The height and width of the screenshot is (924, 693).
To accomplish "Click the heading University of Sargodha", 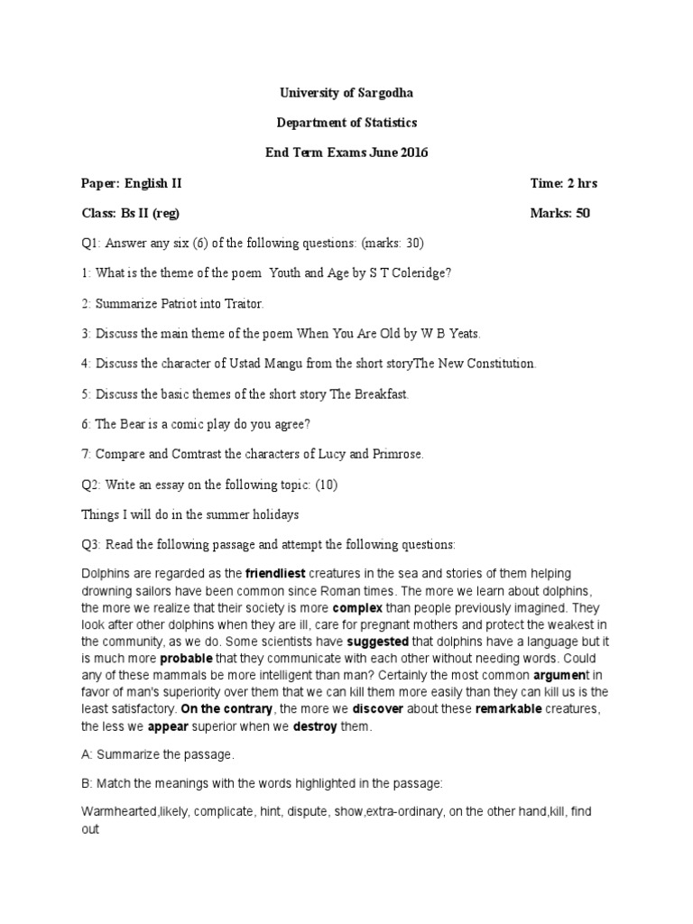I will [346, 92].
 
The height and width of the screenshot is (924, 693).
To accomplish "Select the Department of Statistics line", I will [346, 122].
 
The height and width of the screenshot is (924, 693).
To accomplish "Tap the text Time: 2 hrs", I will [564, 183].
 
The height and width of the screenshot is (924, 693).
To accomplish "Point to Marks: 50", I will [560, 214].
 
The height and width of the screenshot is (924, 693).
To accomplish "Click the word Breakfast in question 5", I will [382, 394].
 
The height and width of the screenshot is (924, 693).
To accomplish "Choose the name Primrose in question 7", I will [396, 455].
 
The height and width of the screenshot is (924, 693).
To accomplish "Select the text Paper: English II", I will [131, 183].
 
